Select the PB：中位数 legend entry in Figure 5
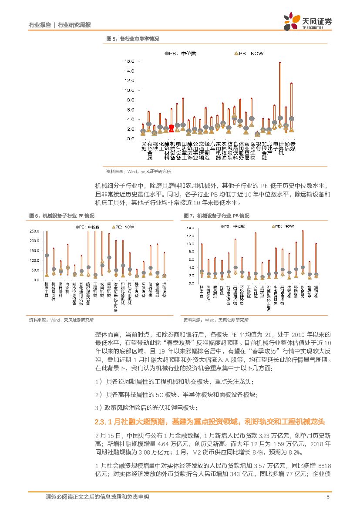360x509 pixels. pos(181,53)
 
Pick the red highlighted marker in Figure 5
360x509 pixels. pos(172,127)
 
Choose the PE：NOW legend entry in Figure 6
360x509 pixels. pos(124,227)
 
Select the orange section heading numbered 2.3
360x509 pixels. pos(209,421)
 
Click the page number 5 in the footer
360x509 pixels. pos(328,497)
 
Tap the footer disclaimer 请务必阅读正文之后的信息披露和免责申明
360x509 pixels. pos(97,497)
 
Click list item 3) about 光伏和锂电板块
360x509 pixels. pos(146,408)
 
